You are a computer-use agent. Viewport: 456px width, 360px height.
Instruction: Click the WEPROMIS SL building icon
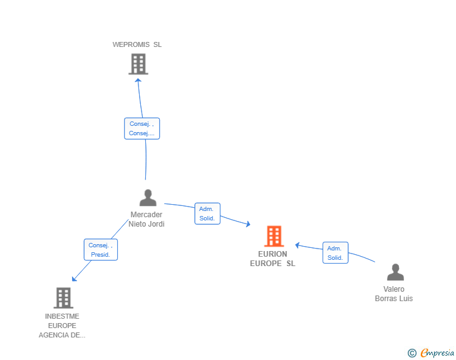point(138,64)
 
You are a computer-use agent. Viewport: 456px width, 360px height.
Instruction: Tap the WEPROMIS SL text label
point(137,44)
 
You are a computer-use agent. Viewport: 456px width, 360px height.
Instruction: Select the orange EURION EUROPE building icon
point(274,236)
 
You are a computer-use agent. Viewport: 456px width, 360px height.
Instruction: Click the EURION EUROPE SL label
point(273,259)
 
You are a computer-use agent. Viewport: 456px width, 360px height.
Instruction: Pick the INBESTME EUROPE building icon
point(63,298)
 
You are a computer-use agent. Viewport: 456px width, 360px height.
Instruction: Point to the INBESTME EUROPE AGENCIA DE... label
point(62,326)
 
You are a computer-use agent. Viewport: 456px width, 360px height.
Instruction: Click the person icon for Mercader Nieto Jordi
point(148,198)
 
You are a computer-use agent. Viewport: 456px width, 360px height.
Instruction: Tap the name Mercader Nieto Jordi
point(147,219)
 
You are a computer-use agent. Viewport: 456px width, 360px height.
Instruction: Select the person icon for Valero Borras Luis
point(395,272)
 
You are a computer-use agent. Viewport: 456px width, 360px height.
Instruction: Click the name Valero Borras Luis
point(394,294)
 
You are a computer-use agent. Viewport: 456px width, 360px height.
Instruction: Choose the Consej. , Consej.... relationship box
point(142,128)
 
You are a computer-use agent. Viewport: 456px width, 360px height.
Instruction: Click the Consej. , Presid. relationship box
point(101,250)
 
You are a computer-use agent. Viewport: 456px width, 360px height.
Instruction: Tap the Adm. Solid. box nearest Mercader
point(207,213)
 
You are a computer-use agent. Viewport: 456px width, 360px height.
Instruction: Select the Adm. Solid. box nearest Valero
point(335,253)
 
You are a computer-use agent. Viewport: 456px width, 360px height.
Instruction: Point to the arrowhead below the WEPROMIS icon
point(138,80)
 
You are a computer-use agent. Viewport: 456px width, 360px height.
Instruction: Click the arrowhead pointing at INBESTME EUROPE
point(74,279)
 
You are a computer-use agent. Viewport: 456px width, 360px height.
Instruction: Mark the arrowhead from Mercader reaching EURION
point(248,224)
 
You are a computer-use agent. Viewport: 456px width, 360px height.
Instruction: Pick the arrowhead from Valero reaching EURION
point(297,245)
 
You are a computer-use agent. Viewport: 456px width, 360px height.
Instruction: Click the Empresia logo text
point(437,352)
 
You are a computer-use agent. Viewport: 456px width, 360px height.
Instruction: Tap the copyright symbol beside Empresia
point(412,353)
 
